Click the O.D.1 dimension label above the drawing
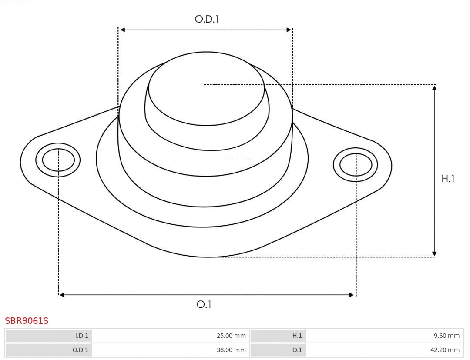(206, 19)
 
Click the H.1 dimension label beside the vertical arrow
(448, 179)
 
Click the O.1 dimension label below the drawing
(204, 304)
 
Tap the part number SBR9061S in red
(27, 321)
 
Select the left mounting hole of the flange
(58, 160)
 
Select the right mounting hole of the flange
(356, 165)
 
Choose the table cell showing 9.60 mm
(384, 336)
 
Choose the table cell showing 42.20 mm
(384, 350)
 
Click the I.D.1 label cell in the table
(48, 336)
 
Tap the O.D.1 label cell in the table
(48, 350)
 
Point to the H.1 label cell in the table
(278, 336)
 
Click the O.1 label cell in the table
(278, 350)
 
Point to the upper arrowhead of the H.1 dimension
(434, 88)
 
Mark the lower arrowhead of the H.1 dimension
(434, 253)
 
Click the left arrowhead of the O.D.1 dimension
(123, 30)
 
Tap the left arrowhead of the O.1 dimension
(62, 295)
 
